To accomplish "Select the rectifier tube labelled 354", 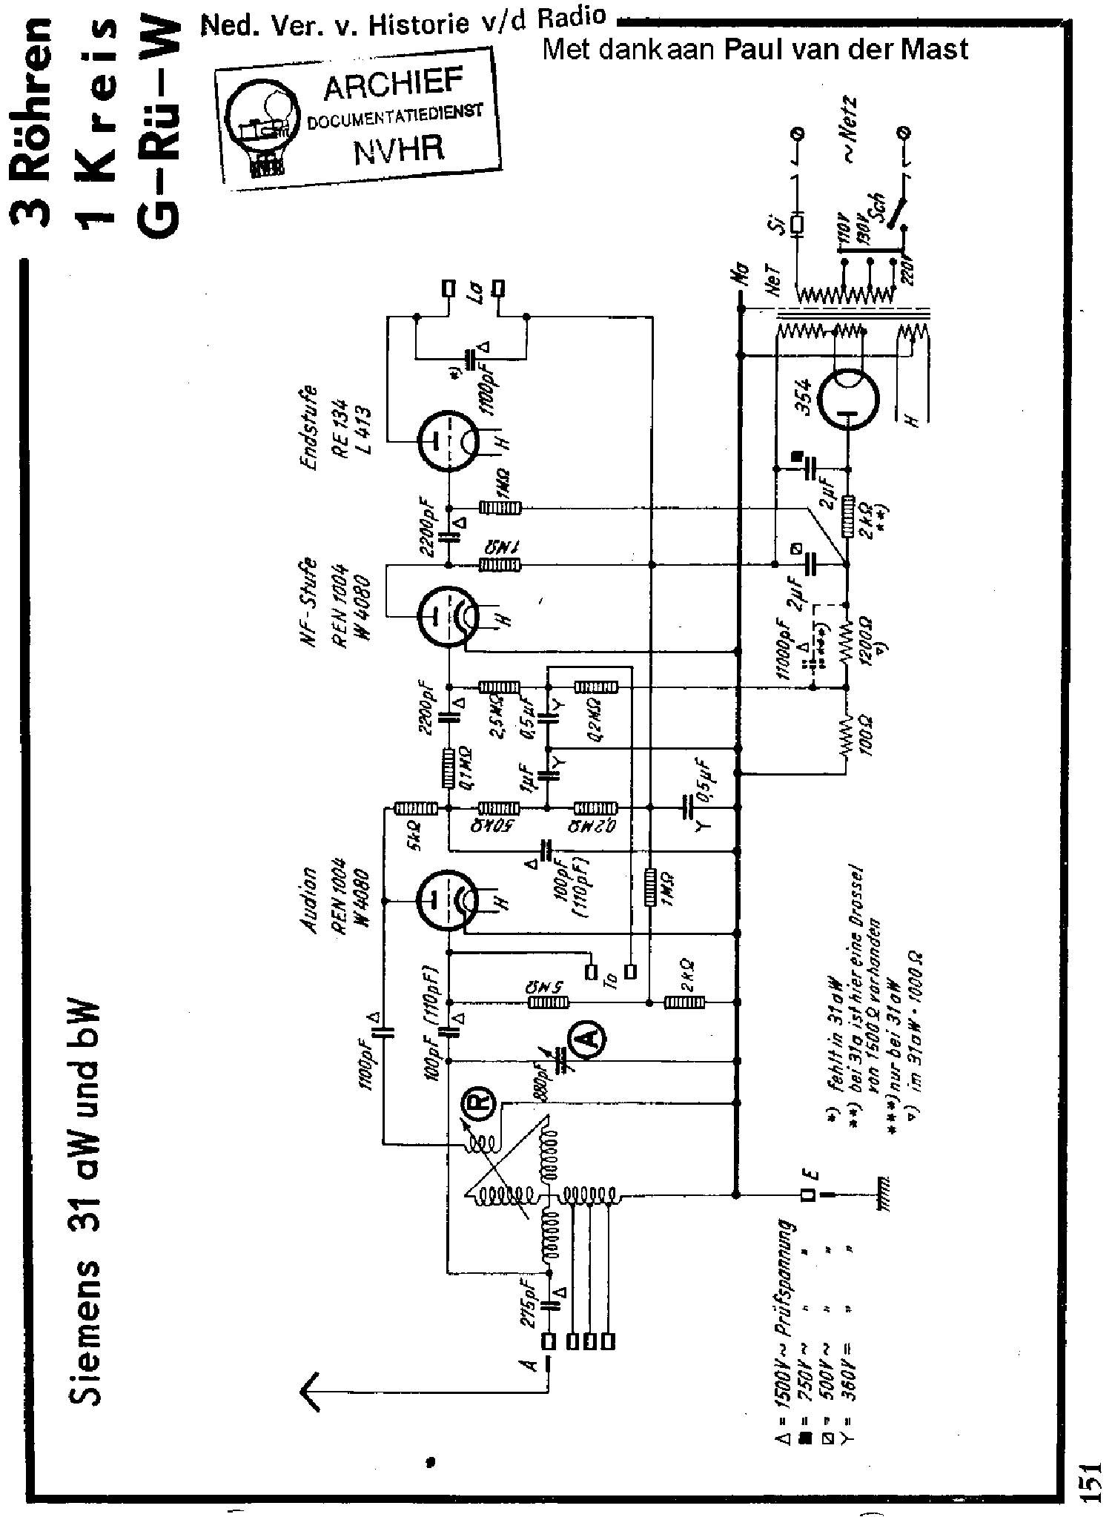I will coord(847,400).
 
